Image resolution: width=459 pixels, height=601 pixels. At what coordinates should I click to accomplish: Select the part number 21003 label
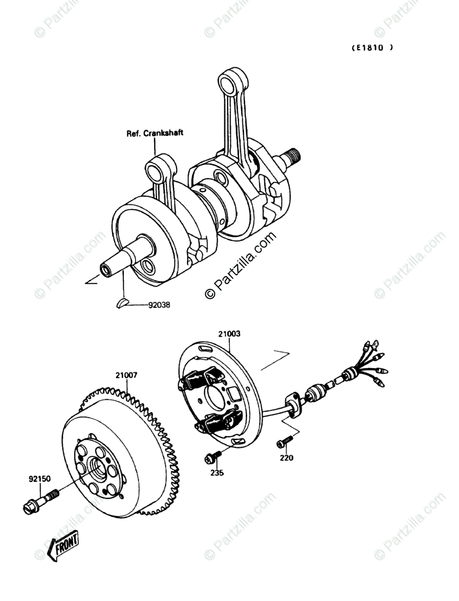click(x=229, y=334)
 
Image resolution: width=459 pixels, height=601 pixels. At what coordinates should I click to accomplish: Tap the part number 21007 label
click(x=126, y=375)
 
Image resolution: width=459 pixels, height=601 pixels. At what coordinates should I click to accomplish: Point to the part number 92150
click(x=40, y=479)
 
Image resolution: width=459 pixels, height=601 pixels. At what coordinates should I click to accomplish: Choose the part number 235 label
click(x=217, y=473)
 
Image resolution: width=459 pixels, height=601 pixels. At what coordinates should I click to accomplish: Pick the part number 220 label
click(x=286, y=458)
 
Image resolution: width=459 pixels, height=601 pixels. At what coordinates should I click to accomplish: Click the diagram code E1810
click(x=372, y=48)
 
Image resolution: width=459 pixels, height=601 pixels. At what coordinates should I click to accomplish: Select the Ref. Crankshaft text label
click(x=155, y=133)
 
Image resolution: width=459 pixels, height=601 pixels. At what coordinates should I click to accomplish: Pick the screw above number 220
click(x=284, y=441)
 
